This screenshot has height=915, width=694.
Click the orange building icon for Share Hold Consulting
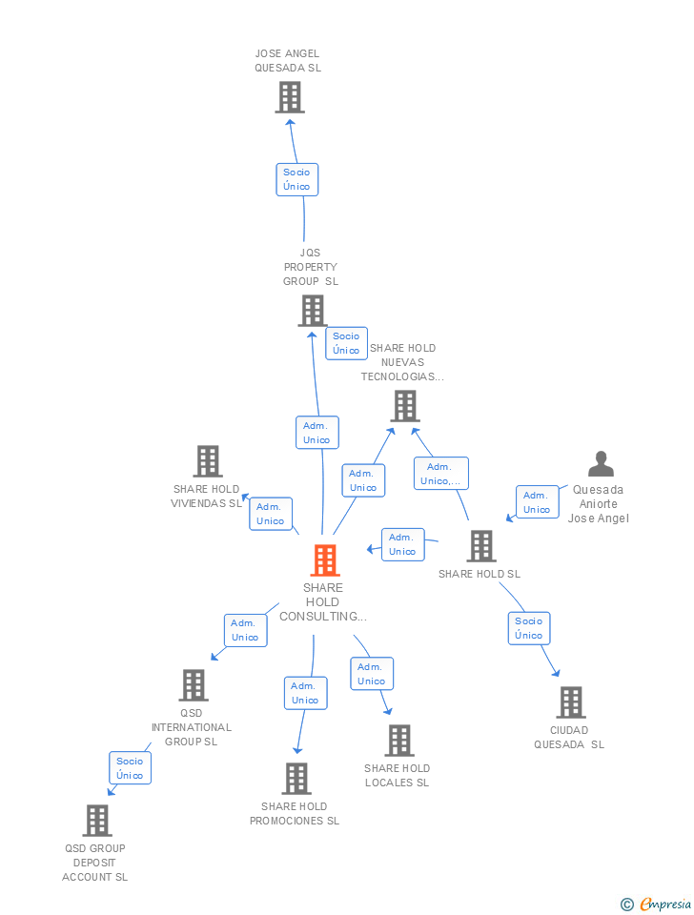click(325, 560)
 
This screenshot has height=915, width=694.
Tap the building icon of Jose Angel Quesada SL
click(289, 97)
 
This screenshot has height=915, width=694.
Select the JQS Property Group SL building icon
click(312, 311)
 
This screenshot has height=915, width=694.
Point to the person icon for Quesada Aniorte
click(601, 464)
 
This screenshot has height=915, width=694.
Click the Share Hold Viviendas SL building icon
click(207, 461)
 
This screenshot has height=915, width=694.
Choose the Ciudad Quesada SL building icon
click(570, 702)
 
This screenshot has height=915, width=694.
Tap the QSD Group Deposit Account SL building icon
click(96, 821)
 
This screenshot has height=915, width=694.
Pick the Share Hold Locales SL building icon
click(398, 741)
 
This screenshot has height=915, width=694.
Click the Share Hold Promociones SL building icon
click(296, 779)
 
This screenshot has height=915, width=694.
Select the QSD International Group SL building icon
click(193, 685)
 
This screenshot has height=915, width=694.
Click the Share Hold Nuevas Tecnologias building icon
click(404, 407)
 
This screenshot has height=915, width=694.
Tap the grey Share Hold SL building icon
click(481, 546)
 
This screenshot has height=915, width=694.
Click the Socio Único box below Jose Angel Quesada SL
click(296, 179)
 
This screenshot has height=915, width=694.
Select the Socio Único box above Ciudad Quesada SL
click(528, 628)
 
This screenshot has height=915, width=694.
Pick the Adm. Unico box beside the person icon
click(537, 502)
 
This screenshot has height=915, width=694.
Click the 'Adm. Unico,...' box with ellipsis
click(440, 474)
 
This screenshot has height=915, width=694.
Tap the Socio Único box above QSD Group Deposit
click(130, 768)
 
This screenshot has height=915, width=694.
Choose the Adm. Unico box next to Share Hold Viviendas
click(270, 514)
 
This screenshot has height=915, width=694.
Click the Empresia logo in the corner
click(658, 904)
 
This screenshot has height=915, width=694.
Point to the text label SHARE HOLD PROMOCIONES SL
click(295, 814)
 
